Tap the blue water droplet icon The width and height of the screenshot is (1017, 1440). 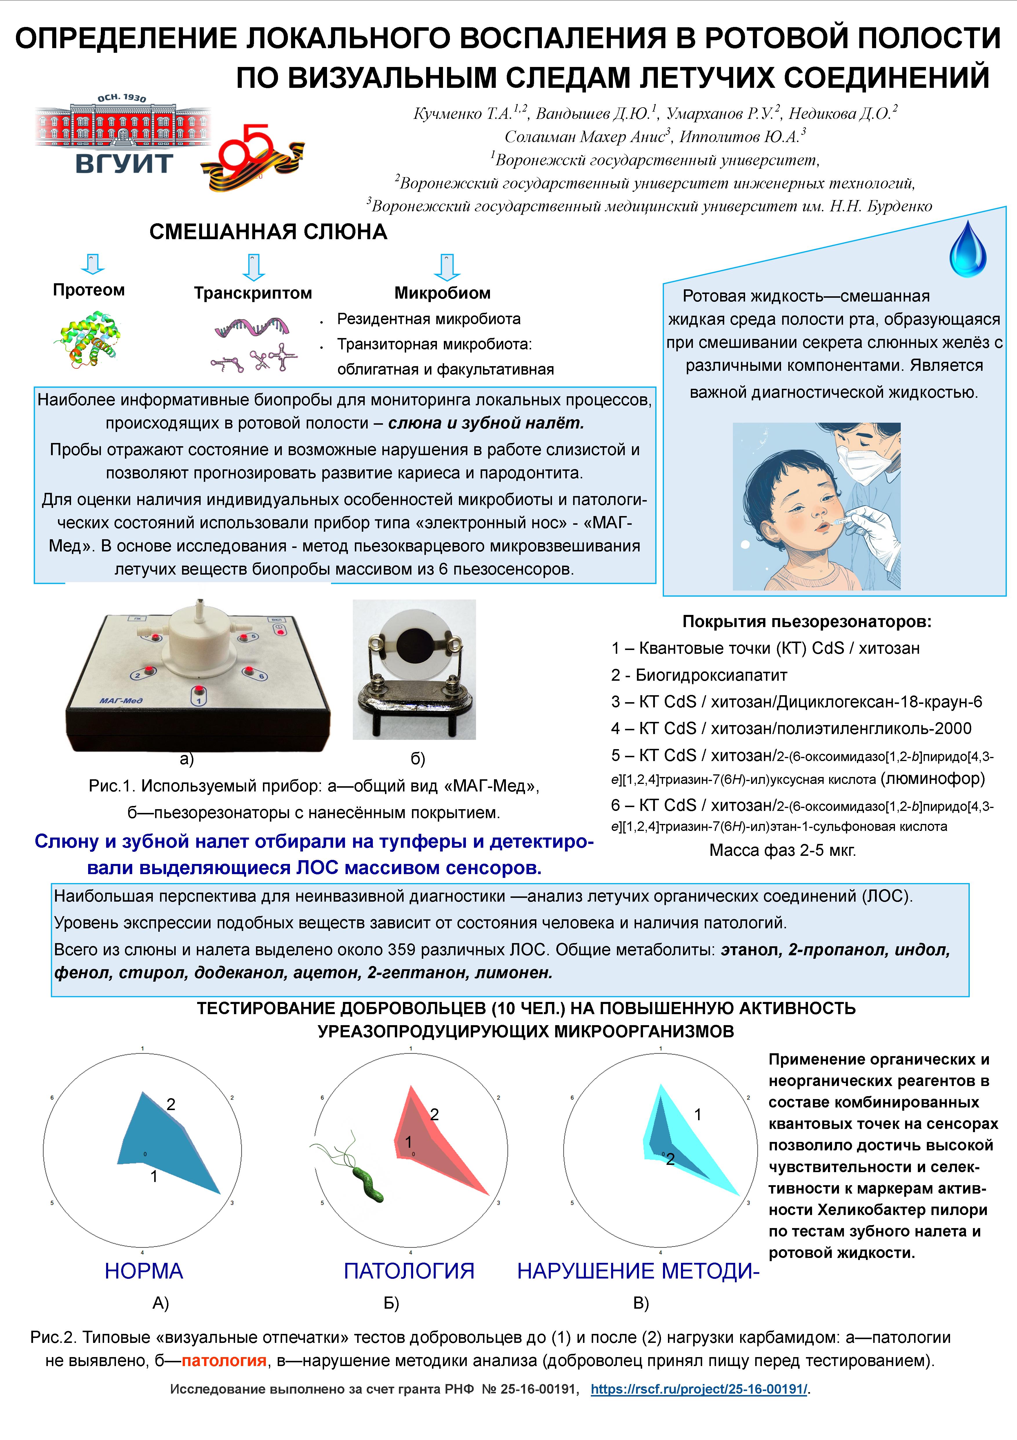tap(967, 251)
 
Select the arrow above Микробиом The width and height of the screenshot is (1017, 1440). tap(446, 266)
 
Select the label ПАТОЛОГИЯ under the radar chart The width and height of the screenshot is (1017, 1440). tap(409, 1271)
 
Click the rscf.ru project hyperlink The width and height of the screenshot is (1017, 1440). tap(698, 1389)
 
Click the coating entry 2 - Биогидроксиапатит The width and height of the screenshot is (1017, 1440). tap(698, 675)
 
